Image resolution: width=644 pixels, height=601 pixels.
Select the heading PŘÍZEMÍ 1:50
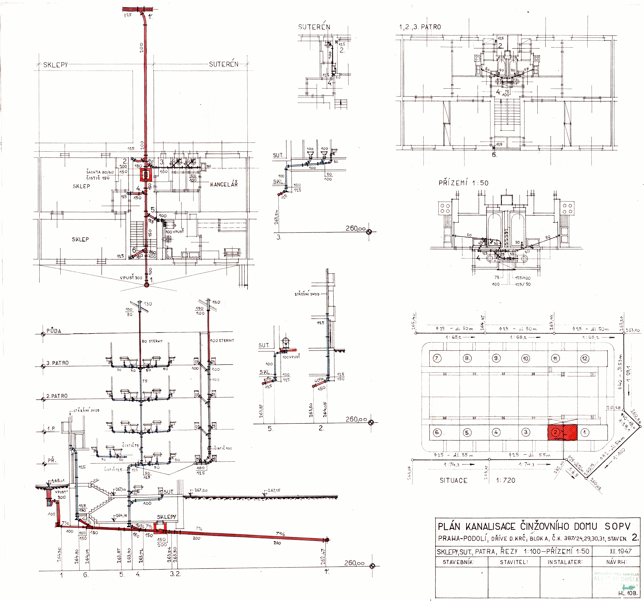[x=463, y=183]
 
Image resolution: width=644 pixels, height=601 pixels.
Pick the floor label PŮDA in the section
[x=54, y=331]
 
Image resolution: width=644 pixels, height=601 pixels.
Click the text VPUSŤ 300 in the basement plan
[x=131, y=278]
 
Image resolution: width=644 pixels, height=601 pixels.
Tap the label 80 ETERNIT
[x=152, y=341]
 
